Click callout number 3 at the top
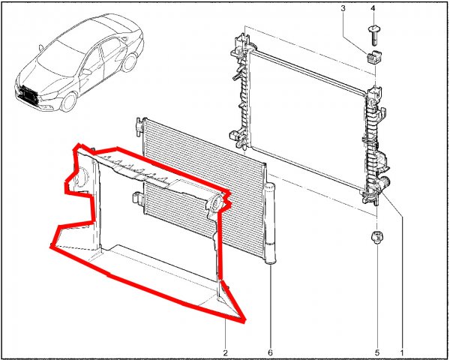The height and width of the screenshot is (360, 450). click(343, 8)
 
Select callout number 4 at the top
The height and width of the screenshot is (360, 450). click(373, 8)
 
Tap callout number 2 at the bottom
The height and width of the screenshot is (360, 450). click(225, 352)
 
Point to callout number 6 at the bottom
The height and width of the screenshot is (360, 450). click(270, 352)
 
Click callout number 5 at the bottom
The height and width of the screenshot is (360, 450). click(377, 352)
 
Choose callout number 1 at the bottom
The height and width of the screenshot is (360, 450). click(402, 352)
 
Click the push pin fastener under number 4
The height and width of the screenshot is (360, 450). click(373, 35)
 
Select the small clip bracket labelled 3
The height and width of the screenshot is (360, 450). click(372, 58)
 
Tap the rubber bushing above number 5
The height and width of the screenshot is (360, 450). click(376, 238)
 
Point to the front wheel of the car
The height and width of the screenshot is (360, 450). click(69, 102)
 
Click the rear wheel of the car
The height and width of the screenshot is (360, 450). click(128, 62)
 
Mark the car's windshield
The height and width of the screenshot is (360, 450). click(58, 58)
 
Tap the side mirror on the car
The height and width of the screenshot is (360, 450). click(86, 71)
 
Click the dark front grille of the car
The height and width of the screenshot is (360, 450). click(29, 94)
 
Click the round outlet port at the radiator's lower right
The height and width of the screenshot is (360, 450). click(384, 182)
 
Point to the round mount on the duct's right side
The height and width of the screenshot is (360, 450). click(214, 202)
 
